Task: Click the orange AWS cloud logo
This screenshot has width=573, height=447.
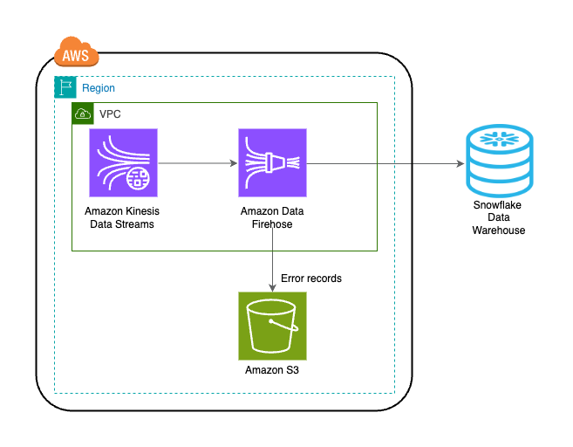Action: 77,54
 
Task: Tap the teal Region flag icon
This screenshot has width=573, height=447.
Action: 65,87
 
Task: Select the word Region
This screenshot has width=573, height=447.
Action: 99,88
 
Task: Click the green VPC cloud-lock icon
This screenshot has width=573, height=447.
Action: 83,113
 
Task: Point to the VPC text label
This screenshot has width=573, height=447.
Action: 110,114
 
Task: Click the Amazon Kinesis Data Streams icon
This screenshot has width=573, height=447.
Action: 123,162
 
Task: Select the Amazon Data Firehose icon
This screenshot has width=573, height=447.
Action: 272,162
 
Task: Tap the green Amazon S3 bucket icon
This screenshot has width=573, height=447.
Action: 272,326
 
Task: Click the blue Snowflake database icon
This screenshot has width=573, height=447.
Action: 499,161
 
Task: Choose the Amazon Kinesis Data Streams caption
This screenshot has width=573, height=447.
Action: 122,217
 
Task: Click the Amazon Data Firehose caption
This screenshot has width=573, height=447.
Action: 272,217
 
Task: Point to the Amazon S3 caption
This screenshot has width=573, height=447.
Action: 272,371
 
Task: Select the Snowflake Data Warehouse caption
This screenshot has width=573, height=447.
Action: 499,217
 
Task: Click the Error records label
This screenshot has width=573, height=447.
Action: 311,279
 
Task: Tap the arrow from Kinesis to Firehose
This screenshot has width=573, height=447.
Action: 198,162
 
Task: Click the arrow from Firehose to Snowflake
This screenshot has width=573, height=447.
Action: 384,163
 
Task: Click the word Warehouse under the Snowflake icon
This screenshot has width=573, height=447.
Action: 499,230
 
